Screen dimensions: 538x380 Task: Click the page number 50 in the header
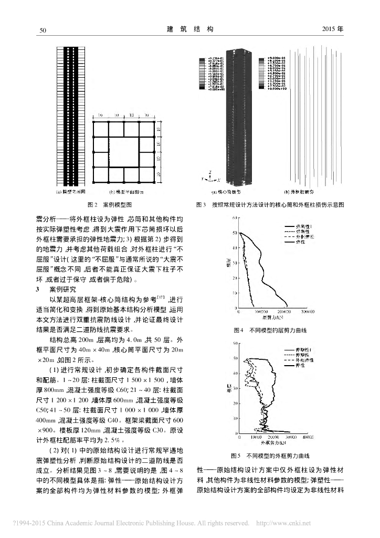pyautogui.click(x=44, y=30)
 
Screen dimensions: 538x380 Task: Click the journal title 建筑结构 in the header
pyautogui.click(x=189, y=30)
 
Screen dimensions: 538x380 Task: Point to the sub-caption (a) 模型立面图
pyautogui.click(x=70, y=192)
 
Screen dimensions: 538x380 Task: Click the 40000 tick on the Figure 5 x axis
pyautogui.click(x=308, y=437)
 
